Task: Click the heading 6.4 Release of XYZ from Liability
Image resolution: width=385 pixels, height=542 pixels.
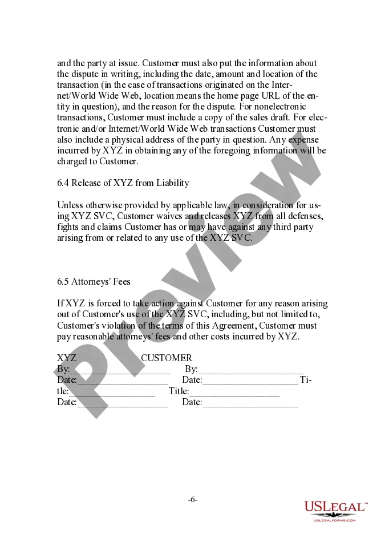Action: [x=123, y=183]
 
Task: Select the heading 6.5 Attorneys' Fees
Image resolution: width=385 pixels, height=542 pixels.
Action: [x=94, y=282]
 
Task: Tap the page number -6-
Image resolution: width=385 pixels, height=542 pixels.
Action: [x=193, y=500]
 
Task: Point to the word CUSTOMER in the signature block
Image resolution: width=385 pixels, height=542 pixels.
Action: [x=167, y=358]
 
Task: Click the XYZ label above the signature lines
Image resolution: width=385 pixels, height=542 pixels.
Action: [x=67, y=358]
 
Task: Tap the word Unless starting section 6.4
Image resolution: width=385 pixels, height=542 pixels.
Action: [x=71, y=205]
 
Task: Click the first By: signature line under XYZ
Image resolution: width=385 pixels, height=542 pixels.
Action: [x=120, y=371]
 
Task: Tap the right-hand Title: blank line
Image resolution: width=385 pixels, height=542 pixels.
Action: [x=234, y=393]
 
